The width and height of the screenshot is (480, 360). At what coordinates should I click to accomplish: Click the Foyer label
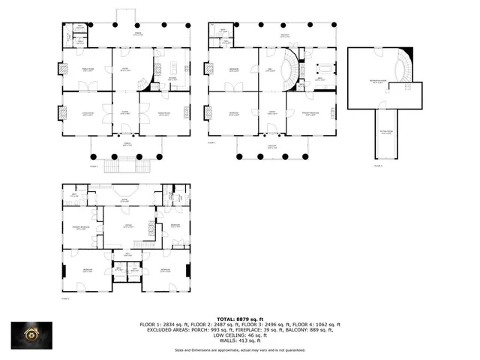pyautogui.click(x=125, y=113)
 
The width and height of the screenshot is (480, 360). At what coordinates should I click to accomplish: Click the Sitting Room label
pyautogui.click(x=385, y=133)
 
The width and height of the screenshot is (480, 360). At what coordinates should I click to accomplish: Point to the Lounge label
pyautogui.click(x=127, y=225)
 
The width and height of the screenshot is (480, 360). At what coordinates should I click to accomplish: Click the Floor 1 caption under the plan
pyautogui.click(x=64, y=298)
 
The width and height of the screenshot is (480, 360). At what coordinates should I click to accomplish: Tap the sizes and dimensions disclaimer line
pyautogui.click(x=240, y=349)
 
